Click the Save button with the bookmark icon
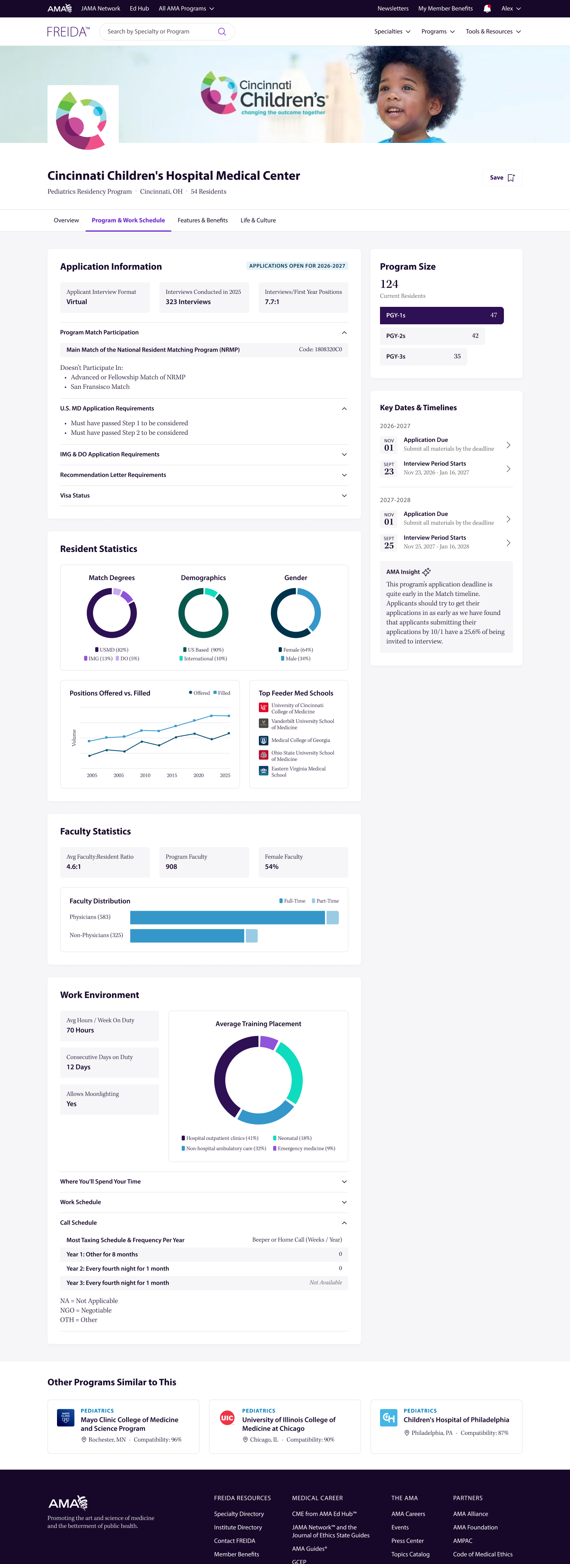pos(502,178)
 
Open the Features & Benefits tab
pos(203,221)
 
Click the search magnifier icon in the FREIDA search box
pos(222,32)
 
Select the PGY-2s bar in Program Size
pos(432,336)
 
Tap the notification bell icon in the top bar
pos(487,8)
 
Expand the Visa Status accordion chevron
pos(344,495)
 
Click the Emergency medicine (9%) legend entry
pos(304,1148)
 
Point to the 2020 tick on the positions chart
pos(198,775)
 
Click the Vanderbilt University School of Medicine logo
pos(264,723)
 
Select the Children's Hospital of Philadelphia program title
pos(456,1419)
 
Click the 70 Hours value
pos(80,1030)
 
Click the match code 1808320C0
pos(321,350)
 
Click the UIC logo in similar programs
pos(227,1417)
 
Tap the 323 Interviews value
pos(188,302)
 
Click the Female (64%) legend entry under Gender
pos(296,650)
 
